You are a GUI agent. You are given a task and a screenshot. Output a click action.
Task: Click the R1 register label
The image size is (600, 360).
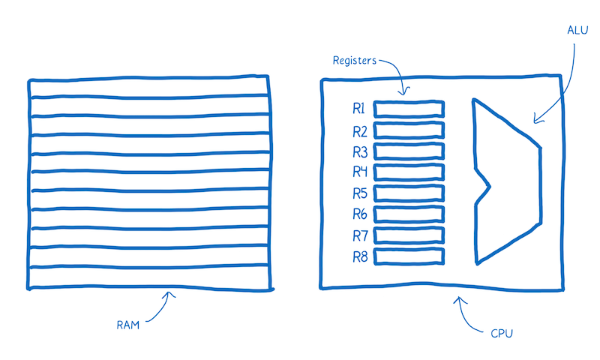[x=359, y=109]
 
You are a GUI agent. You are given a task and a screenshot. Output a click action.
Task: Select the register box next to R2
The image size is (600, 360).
[x=409, y=130]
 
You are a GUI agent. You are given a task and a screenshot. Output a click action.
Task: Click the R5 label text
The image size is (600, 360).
[x=359, y=193]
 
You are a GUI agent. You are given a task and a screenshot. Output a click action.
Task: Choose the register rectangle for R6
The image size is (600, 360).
[x=409, y=214]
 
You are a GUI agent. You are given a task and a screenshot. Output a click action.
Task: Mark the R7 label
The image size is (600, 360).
[x=359, y=235]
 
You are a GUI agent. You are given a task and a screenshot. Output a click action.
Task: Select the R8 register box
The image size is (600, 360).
[x=409, y=256]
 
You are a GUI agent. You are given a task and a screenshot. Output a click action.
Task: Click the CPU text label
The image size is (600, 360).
[x=502, y=331]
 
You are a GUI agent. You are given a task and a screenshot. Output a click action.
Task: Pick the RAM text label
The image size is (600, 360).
[x=128, y=325]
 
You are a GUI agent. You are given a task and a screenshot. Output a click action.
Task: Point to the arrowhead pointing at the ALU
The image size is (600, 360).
[x=535, y=118]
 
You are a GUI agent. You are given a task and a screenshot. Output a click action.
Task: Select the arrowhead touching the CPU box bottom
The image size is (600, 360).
[x=460, y=299]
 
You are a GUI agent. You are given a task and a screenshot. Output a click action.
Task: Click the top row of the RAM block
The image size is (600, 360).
[x=150, y=88]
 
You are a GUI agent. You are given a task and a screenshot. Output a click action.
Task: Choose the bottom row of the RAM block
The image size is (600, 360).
[x=150, y=277]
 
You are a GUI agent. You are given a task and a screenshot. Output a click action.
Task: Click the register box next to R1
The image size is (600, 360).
[x=409, y=109]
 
